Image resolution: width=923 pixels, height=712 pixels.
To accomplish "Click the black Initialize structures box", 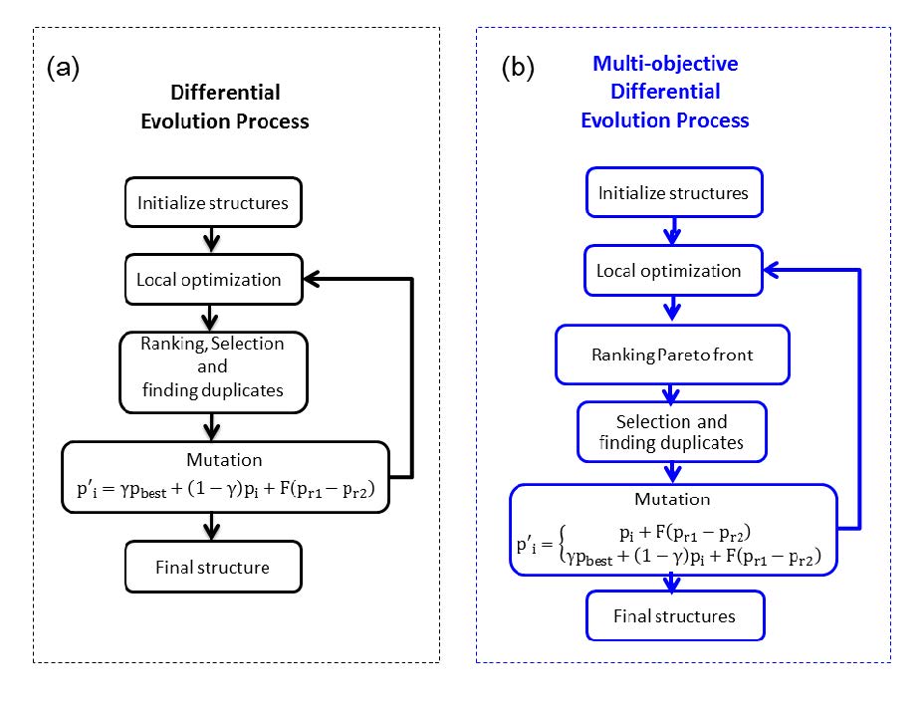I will coord(212,203).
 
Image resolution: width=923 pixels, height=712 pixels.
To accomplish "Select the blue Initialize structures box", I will coord(674,192).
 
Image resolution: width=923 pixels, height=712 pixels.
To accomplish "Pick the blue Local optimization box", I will coord(674,271).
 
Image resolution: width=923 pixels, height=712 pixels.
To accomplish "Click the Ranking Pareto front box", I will coord(672,356).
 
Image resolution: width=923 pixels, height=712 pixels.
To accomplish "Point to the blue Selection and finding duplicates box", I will coord(672,432).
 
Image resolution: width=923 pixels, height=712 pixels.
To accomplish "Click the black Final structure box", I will coord(212,567).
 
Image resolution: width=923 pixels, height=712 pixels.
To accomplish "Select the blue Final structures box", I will coord(674,615).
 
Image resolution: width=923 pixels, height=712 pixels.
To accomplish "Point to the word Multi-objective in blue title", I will coord(665,65).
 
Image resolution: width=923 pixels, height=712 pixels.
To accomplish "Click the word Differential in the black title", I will coord(225,93).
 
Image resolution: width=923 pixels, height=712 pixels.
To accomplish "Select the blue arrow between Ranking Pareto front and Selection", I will coord(672,393).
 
